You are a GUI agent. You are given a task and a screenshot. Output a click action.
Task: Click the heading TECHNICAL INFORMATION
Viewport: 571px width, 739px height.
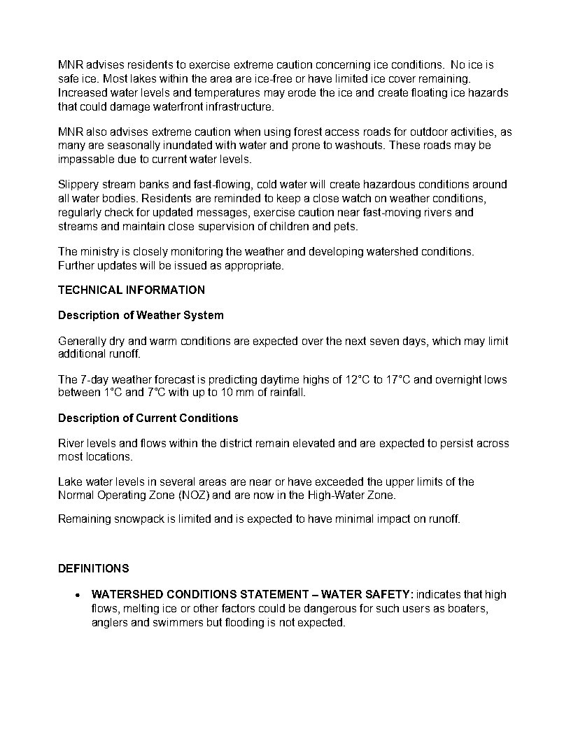click(x=132, y=290)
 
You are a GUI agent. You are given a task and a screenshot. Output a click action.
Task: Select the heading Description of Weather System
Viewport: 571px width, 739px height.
click(x=141, y=315)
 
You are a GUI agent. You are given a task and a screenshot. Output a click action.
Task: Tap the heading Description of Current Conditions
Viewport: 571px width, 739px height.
click(x=148, y=418)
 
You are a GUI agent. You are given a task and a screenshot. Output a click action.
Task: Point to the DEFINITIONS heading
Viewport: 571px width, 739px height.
click(x=93, y=568)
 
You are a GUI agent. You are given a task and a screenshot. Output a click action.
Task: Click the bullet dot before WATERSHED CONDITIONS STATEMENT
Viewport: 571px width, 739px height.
click(x=78, y=595)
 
